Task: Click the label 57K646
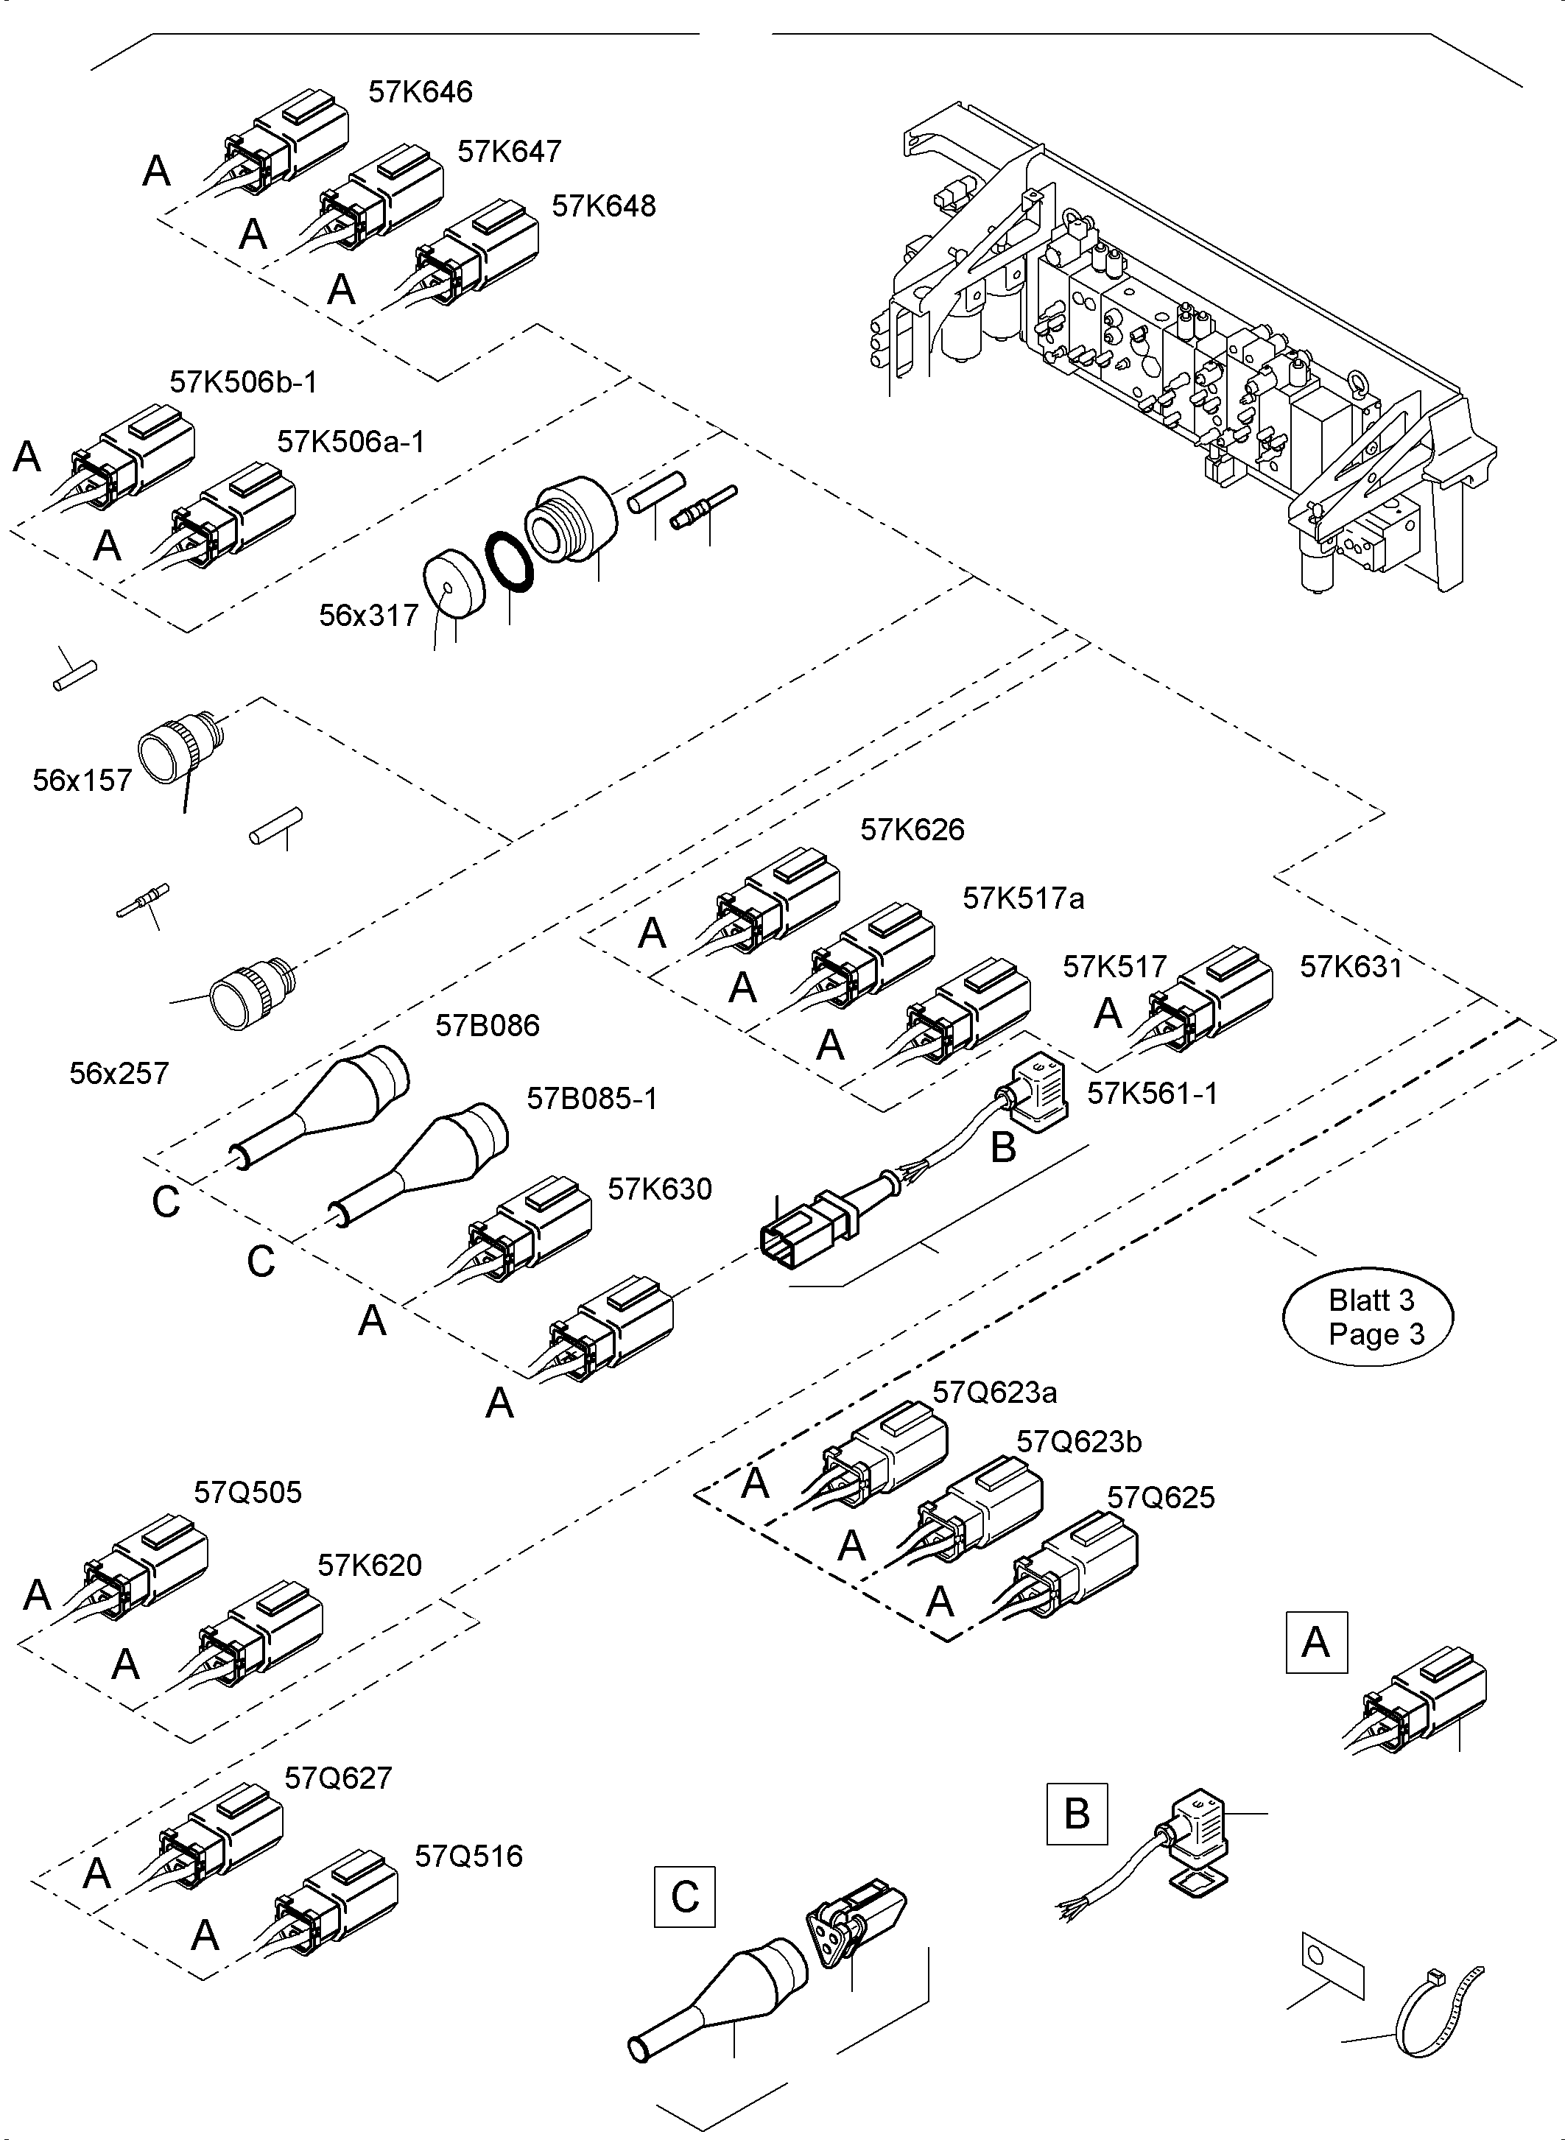coord(420,92)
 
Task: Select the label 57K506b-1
coord(244,381)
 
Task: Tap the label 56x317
coord(368,616)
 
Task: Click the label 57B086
coord(487,1025)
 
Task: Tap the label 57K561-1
coord(1152,1094)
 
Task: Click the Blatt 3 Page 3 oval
coord(1367,1317)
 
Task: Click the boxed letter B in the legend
coord(1076,1813)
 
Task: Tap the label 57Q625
coord(1161,1498)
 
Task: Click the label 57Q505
coord(247,1493)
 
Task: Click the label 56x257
coord(119,1074)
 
